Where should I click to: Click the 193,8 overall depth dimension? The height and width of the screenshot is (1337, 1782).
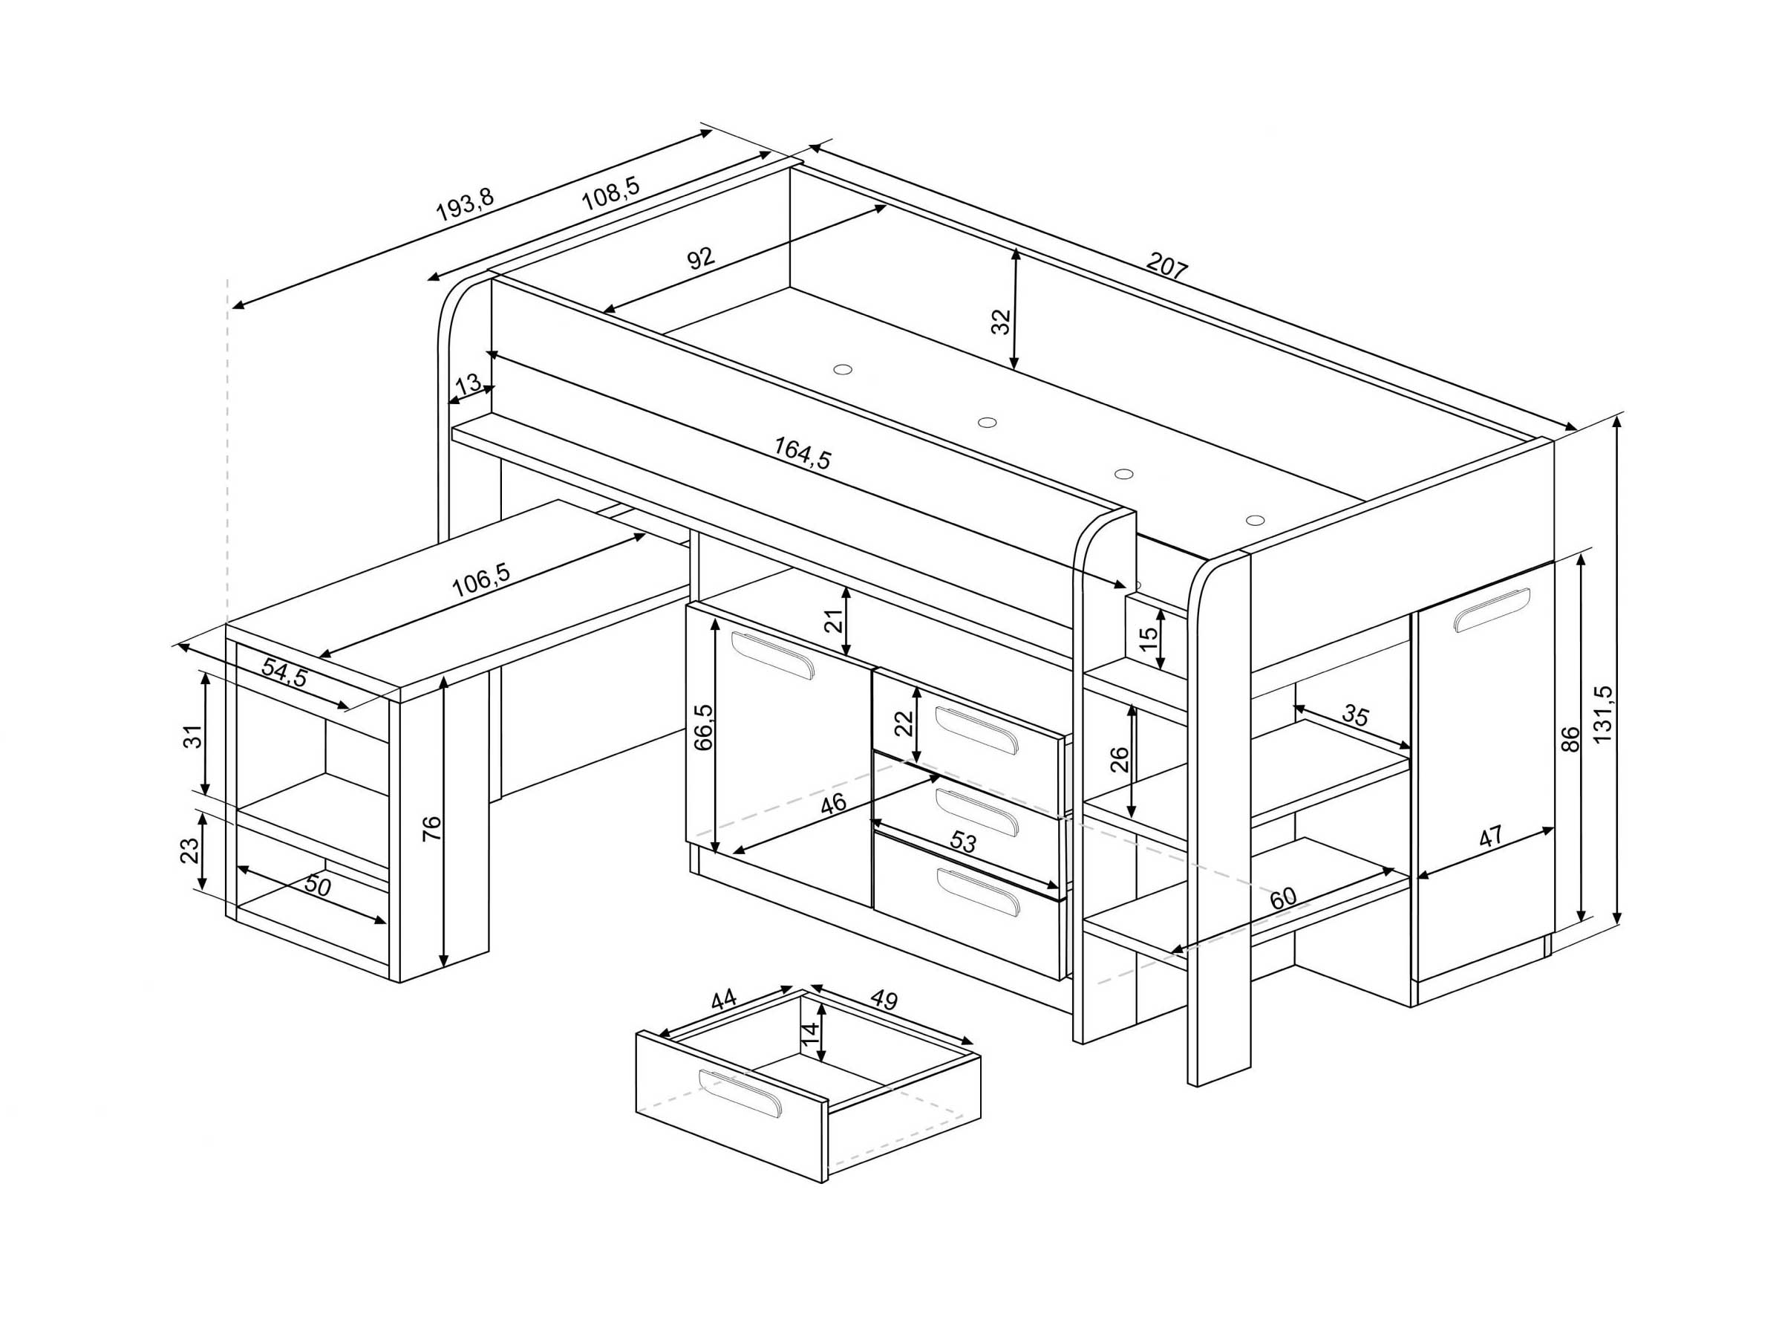tap(465, 205)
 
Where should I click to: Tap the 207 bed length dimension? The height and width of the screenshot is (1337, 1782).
tap(1166, 265)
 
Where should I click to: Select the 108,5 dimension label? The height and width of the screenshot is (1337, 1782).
tap(610, 193)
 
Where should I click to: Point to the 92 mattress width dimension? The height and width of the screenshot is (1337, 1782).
tap(701, 258)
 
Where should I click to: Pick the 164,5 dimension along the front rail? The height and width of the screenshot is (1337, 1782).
tap(803, 453)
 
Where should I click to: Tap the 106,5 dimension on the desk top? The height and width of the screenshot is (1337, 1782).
tap(481, 580)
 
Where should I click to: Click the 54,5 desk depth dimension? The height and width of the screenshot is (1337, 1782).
tap(285, 672)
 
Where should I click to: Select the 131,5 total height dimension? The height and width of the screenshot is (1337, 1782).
tap(1602, 714)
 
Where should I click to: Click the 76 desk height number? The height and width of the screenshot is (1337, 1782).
tap(432, 828)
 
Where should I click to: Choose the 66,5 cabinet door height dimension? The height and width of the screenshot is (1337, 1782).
tap(703, 728)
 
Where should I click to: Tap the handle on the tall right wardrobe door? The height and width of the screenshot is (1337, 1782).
tap(1491, 611)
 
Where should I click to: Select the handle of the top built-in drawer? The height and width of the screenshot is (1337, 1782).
tap(976, 730)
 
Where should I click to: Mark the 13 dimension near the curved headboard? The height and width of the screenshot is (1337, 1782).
tap(467, 385)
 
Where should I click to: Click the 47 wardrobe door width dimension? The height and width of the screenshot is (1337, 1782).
tap(1491, 836)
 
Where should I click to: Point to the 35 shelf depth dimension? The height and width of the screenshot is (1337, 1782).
tap(1356, 715)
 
